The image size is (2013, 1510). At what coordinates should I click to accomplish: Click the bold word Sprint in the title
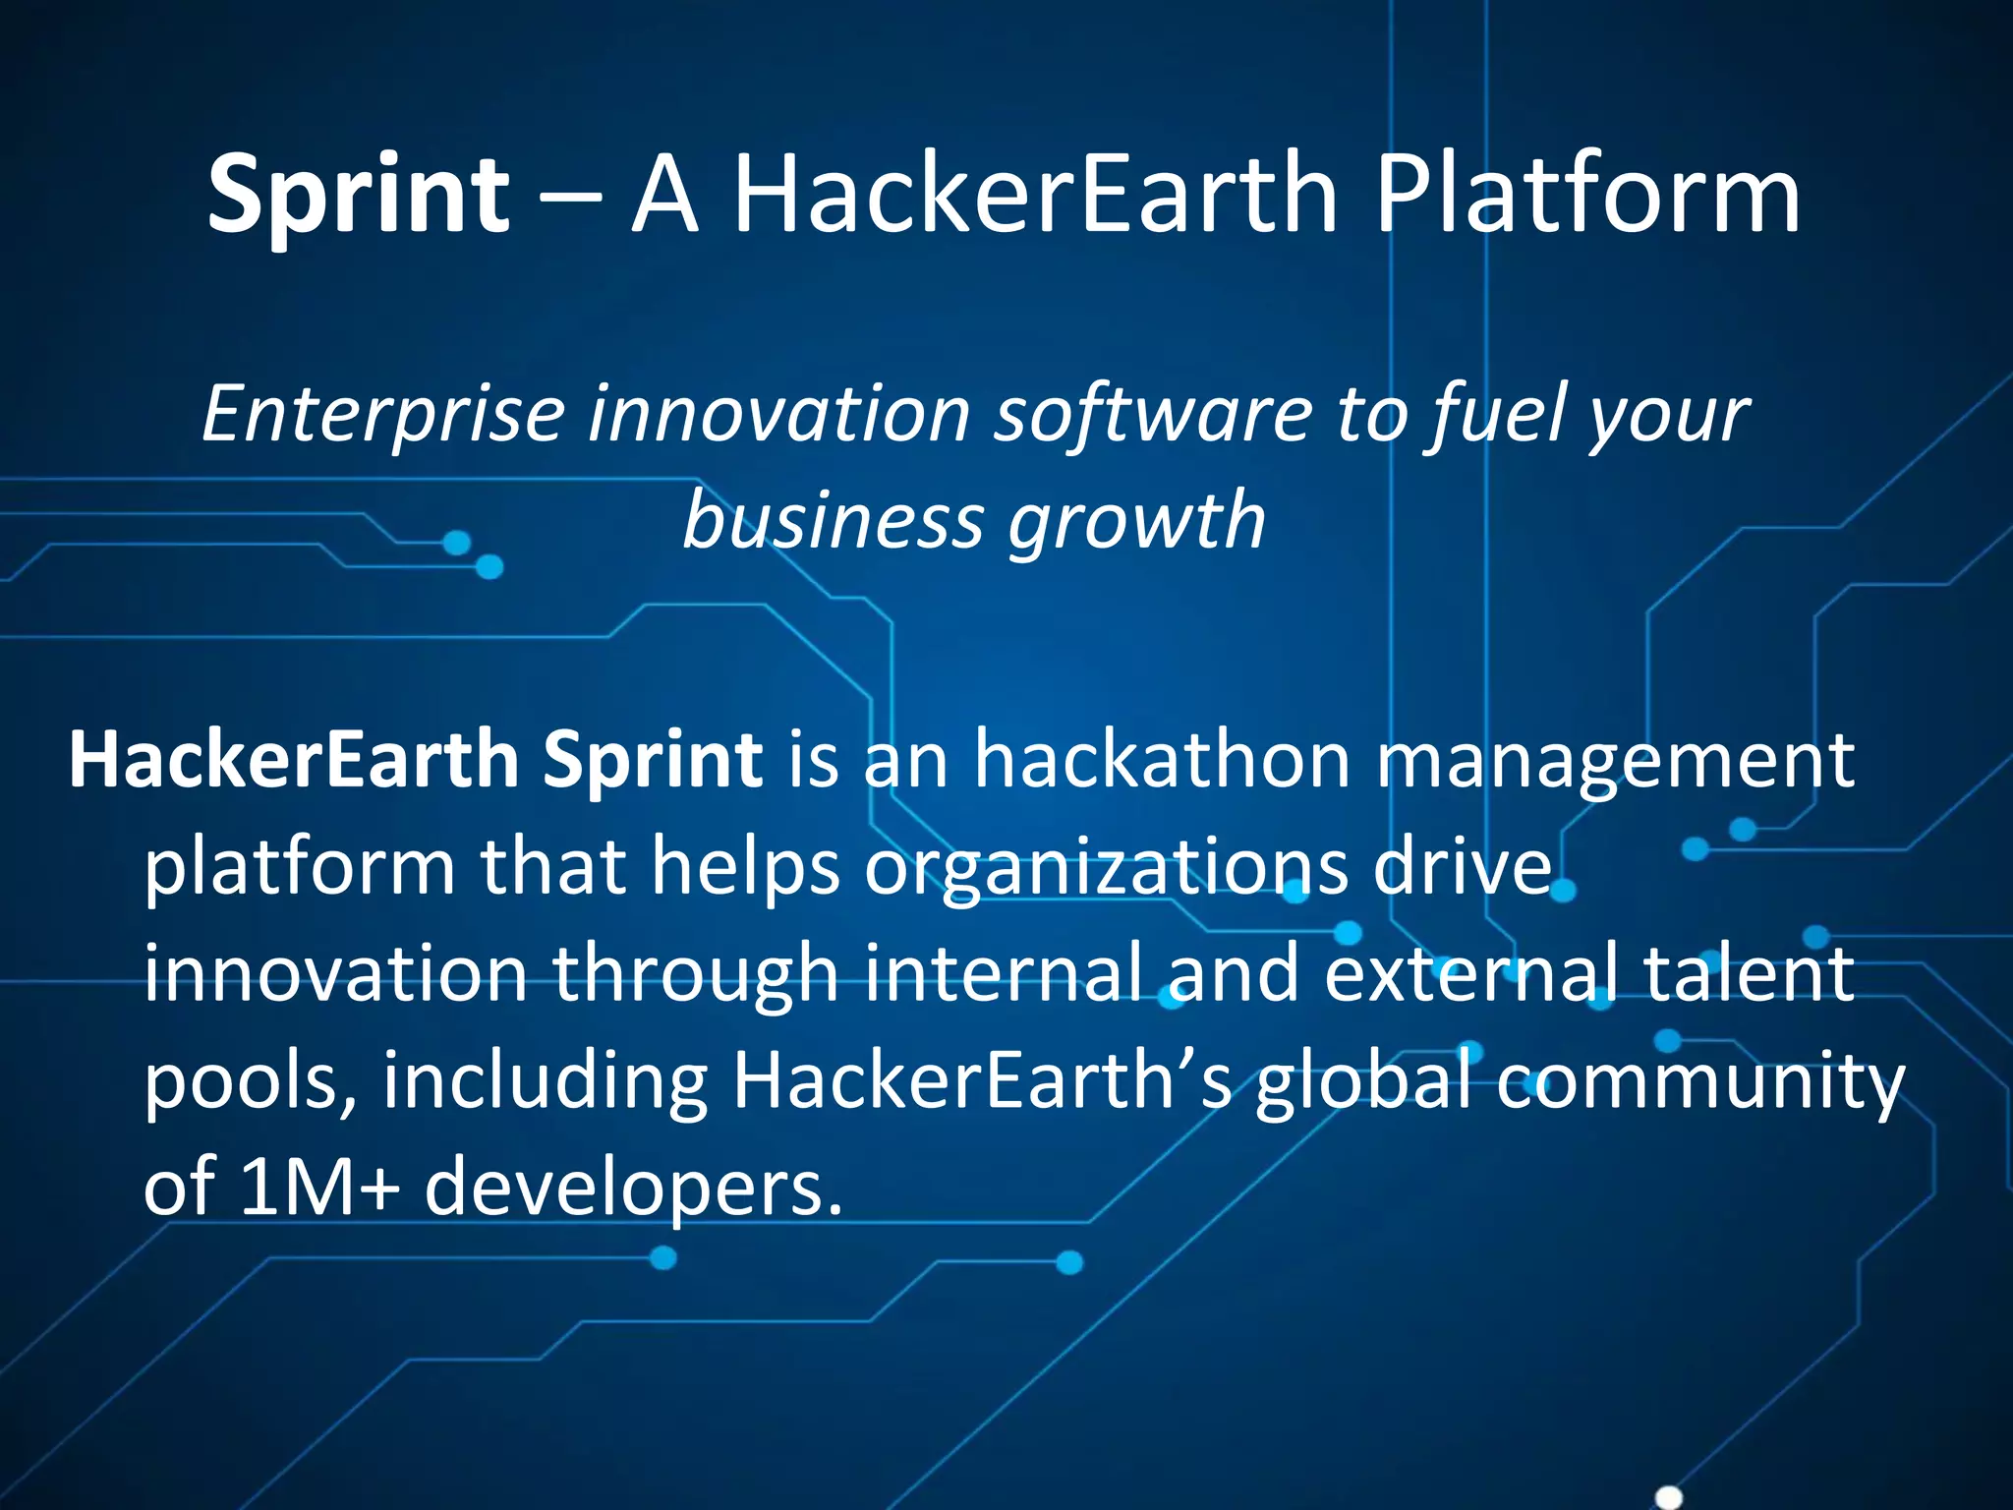[358, 195]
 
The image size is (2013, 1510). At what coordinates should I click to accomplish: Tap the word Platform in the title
[1586, 195]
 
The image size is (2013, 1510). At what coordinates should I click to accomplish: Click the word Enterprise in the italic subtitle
[382, 415]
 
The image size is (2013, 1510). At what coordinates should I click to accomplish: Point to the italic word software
[1152, 415]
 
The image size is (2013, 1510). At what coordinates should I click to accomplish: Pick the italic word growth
[1136, 521]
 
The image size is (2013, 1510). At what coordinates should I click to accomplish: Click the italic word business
[833, 521]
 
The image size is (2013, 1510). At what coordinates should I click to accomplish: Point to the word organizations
[1106, 868]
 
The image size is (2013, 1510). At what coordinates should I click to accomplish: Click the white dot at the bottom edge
[1669, 1497]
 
